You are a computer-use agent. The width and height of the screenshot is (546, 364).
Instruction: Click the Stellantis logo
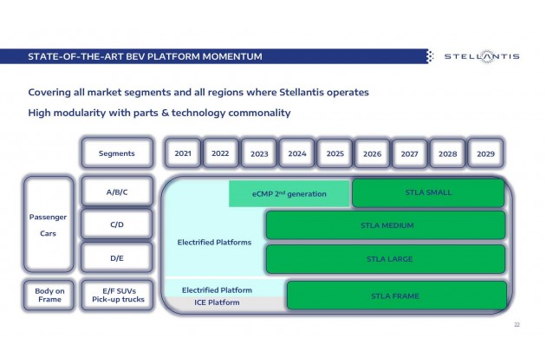click(482, 56)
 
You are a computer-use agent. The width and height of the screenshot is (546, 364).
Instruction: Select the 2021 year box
click(183, 153)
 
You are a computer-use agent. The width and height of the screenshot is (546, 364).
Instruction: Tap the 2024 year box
click(297, 153)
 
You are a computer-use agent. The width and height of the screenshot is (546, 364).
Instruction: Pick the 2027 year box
click(409, 153)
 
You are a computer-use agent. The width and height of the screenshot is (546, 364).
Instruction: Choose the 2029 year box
click(485, 153)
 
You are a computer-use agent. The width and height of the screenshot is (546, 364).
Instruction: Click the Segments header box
click(117, 153)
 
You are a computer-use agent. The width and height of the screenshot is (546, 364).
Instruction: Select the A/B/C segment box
click(117, 192)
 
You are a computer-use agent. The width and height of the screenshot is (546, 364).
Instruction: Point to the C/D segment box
click(117, 224)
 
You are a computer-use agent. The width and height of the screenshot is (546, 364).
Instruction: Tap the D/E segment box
click(117, 257)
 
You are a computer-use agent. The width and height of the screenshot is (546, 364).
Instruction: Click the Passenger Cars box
click(49, 224)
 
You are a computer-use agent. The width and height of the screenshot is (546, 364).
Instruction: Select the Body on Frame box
click(49, 295)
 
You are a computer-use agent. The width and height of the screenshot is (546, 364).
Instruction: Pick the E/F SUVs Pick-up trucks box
click(118, 295)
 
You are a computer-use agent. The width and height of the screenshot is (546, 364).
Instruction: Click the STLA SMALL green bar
click(428, 192)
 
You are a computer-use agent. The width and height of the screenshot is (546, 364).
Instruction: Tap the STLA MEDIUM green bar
click(386, 225)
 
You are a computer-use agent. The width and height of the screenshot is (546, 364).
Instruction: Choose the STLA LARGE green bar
click(386, 259)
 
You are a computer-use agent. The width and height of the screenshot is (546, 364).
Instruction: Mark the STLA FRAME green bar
click(397, 296)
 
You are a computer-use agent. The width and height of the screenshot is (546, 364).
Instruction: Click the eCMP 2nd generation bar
click(289, 193)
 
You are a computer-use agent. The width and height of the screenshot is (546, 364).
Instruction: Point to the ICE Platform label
click(217, 302)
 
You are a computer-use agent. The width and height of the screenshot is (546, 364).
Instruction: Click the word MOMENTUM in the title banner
click(232, 56)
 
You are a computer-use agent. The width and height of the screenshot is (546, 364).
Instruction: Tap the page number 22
click(517, 325)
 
